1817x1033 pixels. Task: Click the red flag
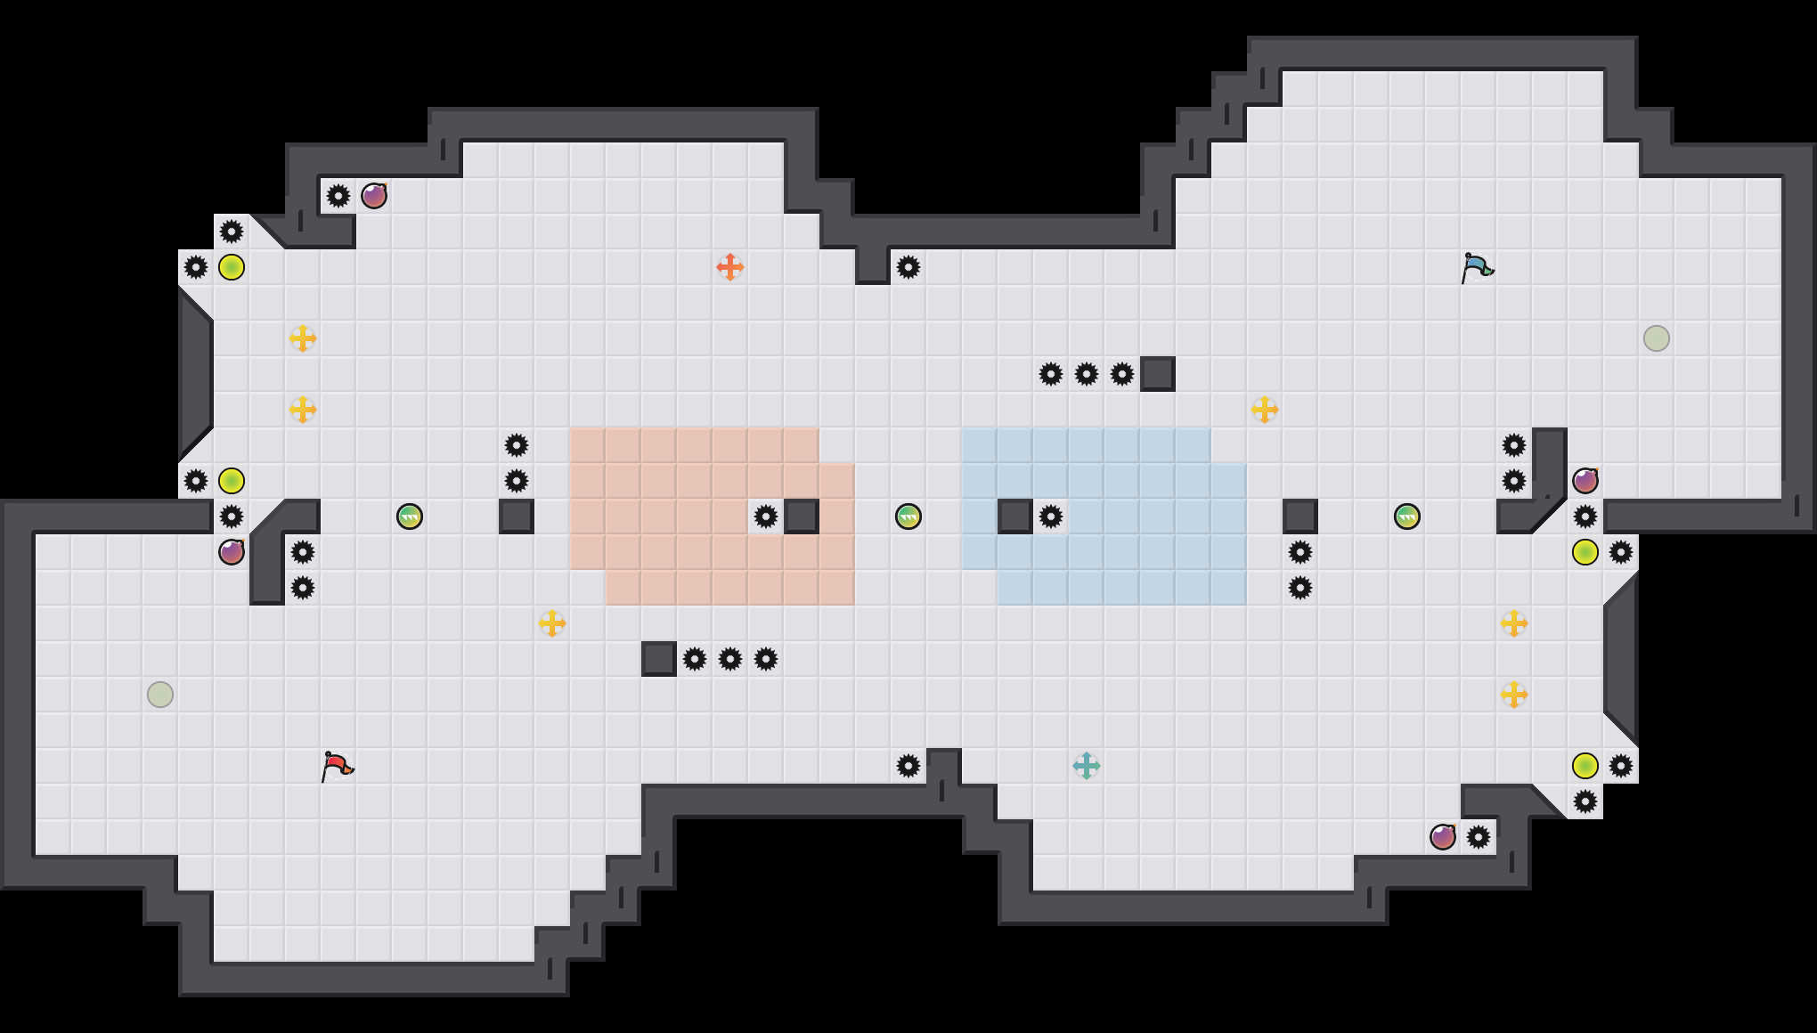click(x=337, y=766)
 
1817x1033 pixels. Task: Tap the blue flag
click(x=1477, y=267)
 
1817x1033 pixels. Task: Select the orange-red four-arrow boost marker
click(x=730, y=267)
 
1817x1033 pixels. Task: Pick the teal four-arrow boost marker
click(x=1087, y=766)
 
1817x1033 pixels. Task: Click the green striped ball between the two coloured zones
click(x=908, y=516)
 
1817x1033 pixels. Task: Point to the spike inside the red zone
click(x=766, y=516)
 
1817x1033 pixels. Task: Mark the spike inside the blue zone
click(x=1051, y=516)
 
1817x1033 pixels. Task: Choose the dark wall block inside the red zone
click(x=802, y=516)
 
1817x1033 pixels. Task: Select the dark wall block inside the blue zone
click(x=1015, y=516)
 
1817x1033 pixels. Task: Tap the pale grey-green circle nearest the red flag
click(x=160, y=695)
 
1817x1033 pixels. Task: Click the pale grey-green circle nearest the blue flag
click(x=1657, y=338)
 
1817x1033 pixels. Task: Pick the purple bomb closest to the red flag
click(x=232, y=552)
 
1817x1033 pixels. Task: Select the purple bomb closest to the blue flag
click(x=1585, y=481)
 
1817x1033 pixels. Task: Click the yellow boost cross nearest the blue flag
click(x=1265, y=410)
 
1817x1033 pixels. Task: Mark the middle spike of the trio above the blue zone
click(x=1087, y=374)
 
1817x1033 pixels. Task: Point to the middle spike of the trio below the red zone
click(x=730, y=659)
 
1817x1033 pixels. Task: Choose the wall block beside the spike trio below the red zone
click(x=659, y=659)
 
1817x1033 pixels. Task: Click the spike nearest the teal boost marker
click(x=908, y=766)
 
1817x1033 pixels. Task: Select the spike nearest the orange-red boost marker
click(x=908, y=267)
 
